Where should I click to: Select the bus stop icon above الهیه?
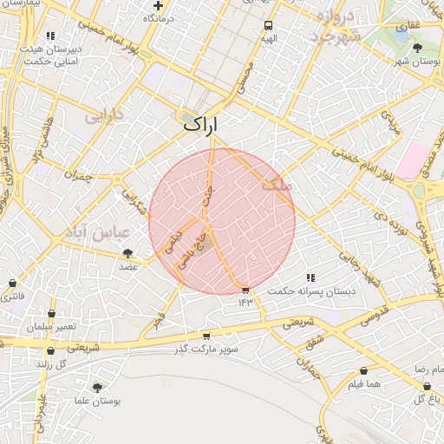tap(268, 25)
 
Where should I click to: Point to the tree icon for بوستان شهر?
tap(417, 48)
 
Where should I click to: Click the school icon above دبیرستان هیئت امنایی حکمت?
tap(51, 36)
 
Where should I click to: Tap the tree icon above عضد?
tap(128, 253)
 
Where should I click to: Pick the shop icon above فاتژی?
tap(11, 283)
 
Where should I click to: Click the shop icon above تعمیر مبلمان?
tap(51, 313)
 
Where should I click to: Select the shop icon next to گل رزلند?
tap(51, 351)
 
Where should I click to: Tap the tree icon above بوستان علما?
tap(96, 388)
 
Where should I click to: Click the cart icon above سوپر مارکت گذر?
tap(206, 336)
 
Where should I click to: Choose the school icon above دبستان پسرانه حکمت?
tap(310, 277)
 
